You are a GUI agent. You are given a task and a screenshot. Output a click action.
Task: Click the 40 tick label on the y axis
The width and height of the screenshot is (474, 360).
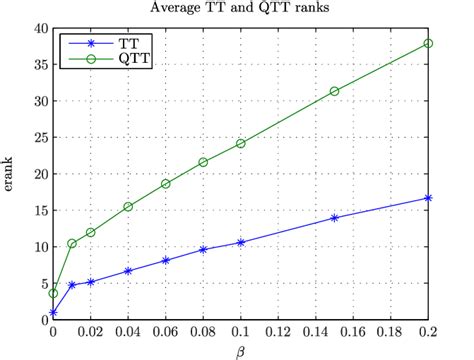coord(37,28)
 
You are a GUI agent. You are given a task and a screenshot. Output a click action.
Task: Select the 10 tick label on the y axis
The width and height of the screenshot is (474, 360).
coord(37,246)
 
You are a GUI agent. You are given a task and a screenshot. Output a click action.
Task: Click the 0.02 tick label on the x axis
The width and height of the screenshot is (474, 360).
coord(90,331)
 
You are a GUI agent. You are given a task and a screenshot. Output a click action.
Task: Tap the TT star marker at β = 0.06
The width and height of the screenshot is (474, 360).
coord(165,260)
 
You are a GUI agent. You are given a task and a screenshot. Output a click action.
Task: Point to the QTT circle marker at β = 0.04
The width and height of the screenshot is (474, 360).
coord(128,207)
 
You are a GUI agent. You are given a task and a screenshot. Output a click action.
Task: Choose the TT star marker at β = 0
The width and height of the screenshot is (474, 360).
coord(53,313)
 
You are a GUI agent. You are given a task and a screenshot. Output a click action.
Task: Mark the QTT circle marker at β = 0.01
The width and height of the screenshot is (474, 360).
coord(72,244)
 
